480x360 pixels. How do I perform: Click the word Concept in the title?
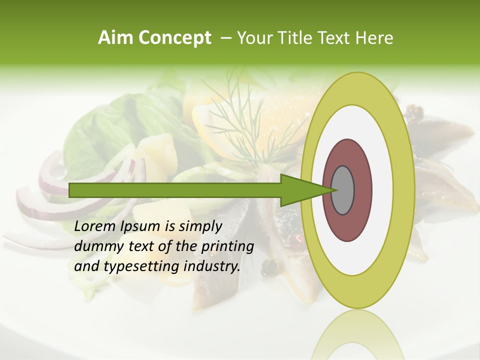pyautogui.click(x=174, y=38)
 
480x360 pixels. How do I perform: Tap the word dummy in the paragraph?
pyautogui.click(x=97, y=246)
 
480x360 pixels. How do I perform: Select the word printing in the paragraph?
pyautogui.click(x=227, y=246)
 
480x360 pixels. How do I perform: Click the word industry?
pyautogui.click(x=212, y=266)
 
